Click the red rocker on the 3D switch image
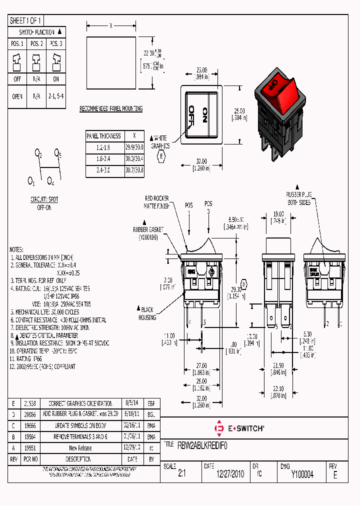click(278, 90)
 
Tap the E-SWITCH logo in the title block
click(239, 428)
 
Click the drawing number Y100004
click(302, 474)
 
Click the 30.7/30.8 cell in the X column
click(134, 170)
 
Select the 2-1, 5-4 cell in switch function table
click(55, 96)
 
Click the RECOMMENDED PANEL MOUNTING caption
click(111, 108)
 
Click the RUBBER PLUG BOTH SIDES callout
click(299, 198)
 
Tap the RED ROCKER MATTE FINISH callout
click(157, 202)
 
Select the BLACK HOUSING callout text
click(147, 314)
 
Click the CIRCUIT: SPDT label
click(44, 199)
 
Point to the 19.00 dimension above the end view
click(278, 213)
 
